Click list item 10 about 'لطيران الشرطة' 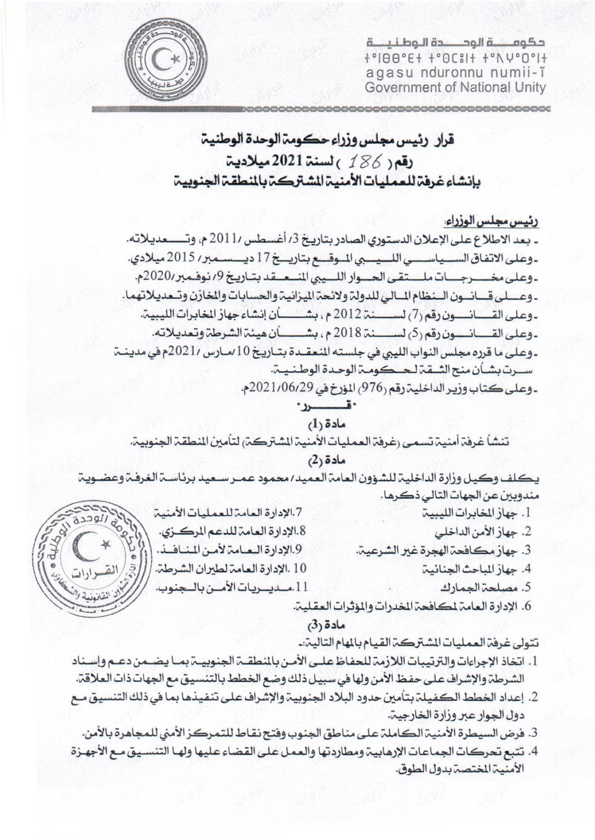233,569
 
